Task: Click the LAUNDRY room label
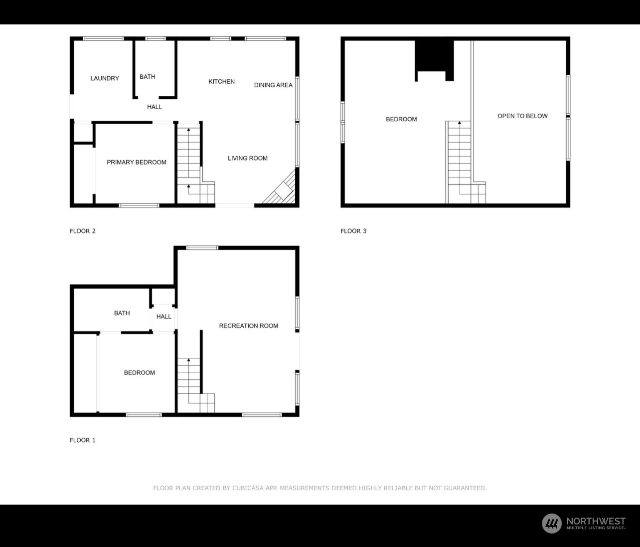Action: [105, 78]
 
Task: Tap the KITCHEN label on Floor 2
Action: [221, 81]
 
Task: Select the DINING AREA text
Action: [273, 85]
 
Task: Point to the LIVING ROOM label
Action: [248, 158]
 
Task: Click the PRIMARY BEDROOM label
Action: [137, 162]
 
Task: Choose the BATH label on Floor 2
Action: [148, 77]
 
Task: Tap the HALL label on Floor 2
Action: [155, 107]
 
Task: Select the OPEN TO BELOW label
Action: [522, 116]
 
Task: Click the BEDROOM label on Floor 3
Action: [401, 119]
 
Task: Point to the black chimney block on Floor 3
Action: [434, 56]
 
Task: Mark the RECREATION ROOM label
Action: [249, 326]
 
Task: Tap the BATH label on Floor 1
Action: [122, 313]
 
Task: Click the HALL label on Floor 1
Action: [163, 317]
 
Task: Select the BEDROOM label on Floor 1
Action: [140, 372]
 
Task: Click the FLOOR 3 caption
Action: [353, 231]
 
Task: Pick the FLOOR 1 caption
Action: [83, 440]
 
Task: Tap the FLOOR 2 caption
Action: [83, 231]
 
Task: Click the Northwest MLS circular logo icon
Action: [551, 523]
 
